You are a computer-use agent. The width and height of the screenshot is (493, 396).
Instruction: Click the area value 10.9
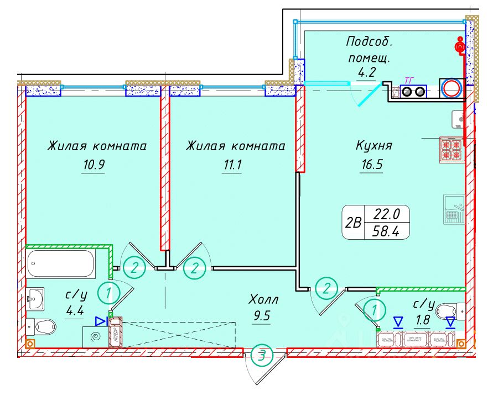[92, 165]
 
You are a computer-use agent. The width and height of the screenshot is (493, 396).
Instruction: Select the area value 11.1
[231, 165]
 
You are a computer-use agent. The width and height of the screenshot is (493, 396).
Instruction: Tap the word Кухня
[373, 146]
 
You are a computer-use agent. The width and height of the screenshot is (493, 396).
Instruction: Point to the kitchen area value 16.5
[371, 165]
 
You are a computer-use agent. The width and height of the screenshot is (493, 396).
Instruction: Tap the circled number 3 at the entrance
[261, 356]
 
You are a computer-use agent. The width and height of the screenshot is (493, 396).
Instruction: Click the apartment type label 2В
[352, 223]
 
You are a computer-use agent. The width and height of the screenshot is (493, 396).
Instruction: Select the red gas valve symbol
[459, 45]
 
